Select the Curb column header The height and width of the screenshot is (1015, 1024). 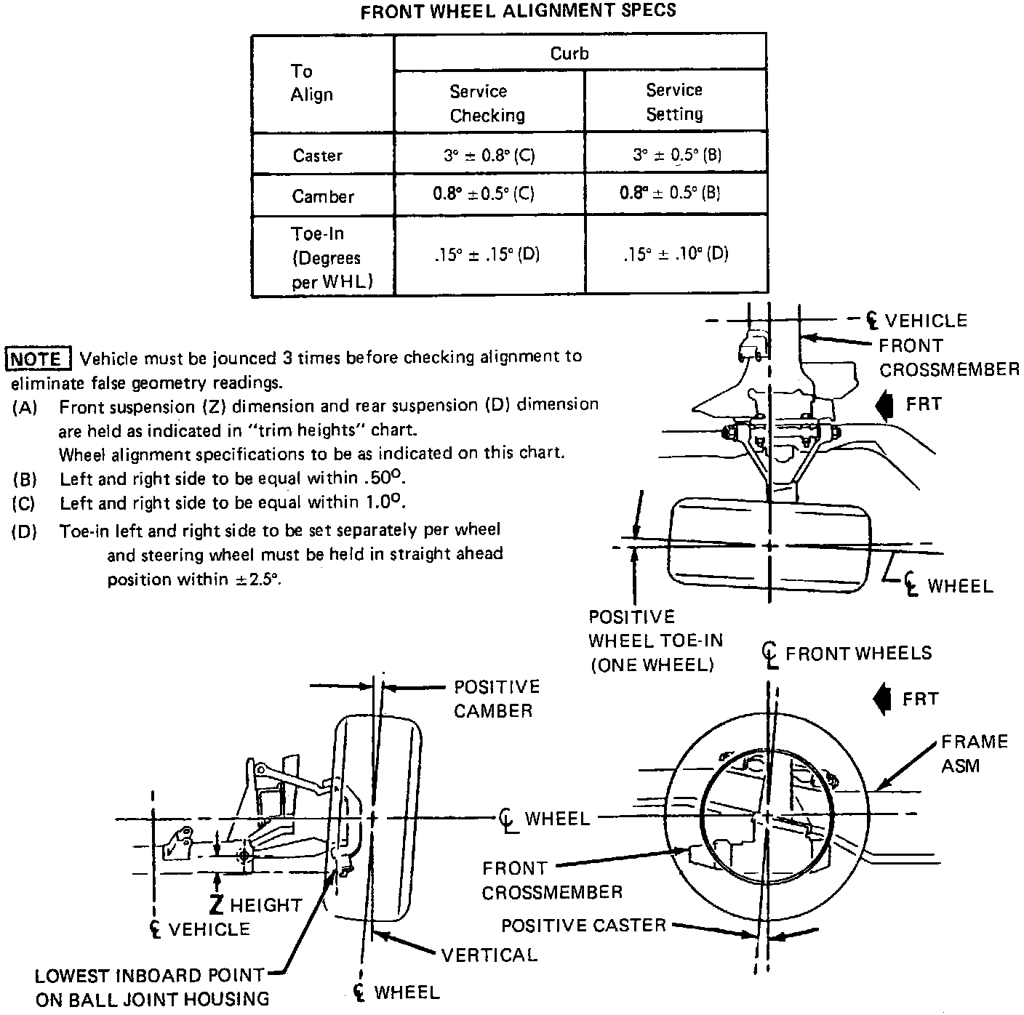[569, 54]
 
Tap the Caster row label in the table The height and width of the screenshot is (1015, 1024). [317, 156]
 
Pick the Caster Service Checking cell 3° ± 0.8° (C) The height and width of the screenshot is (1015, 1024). [489, 155]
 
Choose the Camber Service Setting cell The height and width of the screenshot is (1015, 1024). [670, 193]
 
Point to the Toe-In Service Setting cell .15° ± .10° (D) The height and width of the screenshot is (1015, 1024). [675, 254]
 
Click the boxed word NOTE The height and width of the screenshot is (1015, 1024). [37, 358]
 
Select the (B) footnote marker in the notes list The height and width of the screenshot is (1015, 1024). [24, 480]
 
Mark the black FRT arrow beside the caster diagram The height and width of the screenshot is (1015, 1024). [881, 699]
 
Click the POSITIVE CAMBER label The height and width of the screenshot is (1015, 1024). [496, 699]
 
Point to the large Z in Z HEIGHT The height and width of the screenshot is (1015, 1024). [216, 904]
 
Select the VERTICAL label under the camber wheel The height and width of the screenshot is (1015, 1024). [489, 955]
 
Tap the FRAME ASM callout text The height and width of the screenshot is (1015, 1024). [973, 753]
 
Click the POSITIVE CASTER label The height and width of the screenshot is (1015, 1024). [583, 926]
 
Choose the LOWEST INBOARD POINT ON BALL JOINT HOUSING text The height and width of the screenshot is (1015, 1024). [151, 987]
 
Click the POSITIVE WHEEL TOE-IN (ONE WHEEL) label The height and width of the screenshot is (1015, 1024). [655, 641]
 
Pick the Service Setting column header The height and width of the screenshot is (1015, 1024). [674, 102]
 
